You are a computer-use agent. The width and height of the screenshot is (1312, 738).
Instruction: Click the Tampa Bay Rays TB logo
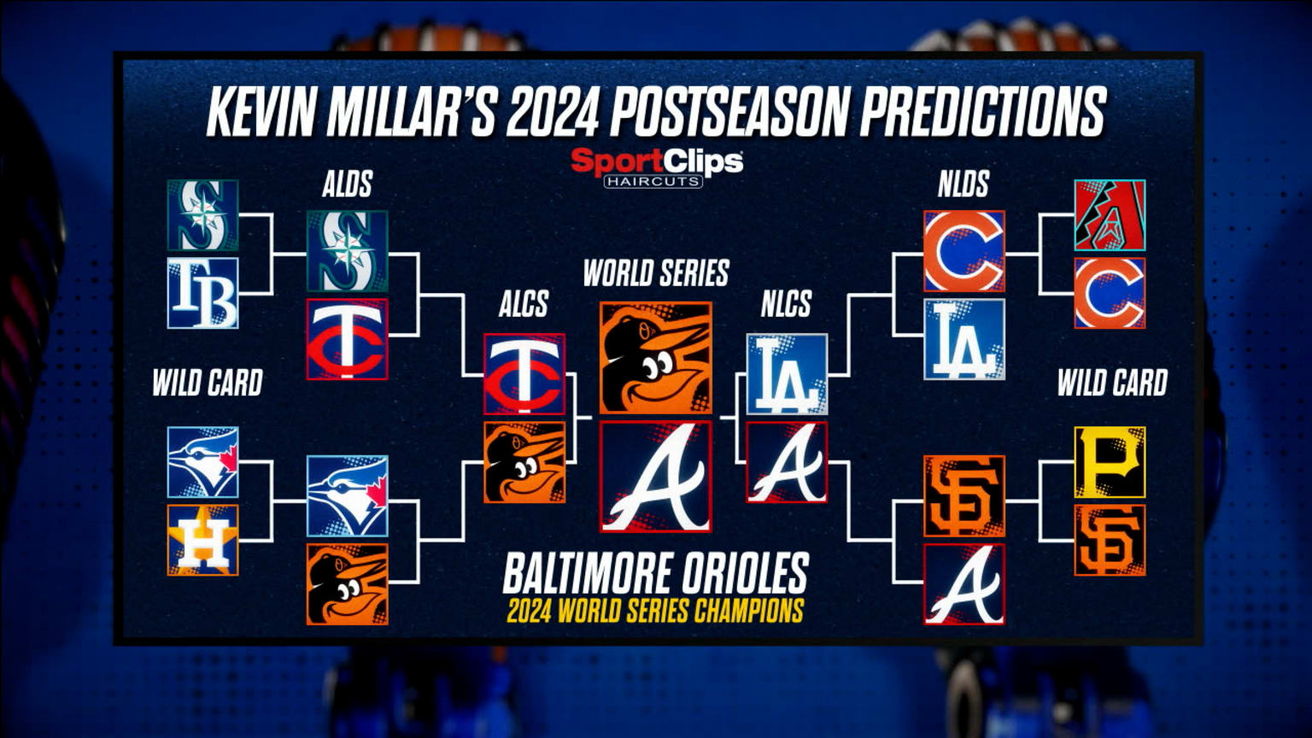pos(202,293)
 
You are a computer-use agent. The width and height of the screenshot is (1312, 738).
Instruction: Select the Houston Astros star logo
pos(202,540)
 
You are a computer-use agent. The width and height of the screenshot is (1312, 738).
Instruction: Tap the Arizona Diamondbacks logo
pos(1110,214)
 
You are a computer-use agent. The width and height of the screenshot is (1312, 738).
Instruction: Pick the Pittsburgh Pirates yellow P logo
pos(1110,462)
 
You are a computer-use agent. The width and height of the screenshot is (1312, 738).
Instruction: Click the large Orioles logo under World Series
pos(655,358)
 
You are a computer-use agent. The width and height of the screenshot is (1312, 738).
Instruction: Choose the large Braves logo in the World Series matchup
pos(655,477)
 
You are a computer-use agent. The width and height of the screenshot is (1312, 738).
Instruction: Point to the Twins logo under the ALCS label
pos(524,373)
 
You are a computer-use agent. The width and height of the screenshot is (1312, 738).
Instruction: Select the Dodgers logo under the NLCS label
pos(787,373)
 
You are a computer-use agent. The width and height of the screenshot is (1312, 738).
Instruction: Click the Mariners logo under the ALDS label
pos(347,251)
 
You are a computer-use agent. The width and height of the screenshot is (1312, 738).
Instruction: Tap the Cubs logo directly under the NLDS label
pos(963,251)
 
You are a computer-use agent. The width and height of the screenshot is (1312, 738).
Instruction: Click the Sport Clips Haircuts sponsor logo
pos(656,167)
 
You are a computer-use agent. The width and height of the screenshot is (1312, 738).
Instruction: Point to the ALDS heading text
pos(347,184)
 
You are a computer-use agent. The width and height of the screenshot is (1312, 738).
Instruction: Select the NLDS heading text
pos(963,184)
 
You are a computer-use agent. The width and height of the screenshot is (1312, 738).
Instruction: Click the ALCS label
pos(524,304)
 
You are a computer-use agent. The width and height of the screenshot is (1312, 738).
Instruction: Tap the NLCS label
pos(786,304)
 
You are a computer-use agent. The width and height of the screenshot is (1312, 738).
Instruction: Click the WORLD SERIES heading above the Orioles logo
pos(655,273)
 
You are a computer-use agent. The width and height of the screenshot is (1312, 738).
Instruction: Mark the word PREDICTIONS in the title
pos(982,112)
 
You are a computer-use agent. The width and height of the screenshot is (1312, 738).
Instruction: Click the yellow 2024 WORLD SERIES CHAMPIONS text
pos(655,612)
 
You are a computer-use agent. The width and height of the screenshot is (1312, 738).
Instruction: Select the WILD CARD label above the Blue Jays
pos(207,384)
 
